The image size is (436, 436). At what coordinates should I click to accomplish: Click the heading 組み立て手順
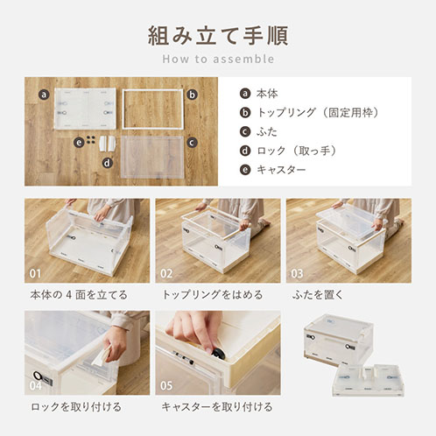[x=218, y=36]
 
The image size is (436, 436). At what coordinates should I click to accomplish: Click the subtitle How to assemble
[x=218, y=59]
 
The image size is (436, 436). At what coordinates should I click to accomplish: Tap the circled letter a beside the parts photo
[x=44, y=95]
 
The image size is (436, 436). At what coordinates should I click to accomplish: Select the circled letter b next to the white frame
[x=192, y=95]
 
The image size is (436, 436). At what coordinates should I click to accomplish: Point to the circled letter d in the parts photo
[x=108, y=163]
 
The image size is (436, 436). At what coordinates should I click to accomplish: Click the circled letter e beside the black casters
[x=79, y=143]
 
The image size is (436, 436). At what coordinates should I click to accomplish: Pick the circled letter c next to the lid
[x=192, y=143]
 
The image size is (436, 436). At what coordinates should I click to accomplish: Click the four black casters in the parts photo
[x=91, y=139]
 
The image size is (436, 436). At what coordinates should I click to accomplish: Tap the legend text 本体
[x=267, y=94]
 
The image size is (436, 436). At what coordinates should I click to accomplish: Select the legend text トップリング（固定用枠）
[x=318, y=113]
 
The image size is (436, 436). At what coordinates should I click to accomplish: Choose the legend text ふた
[x=267, y=131]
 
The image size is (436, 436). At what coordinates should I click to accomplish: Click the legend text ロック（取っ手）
[x=297, y=151]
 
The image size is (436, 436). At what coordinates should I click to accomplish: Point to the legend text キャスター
[x=281, y=170]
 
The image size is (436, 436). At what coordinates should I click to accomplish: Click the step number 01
[x=35, y=273]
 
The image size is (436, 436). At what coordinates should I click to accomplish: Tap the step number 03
[x=297, y=273]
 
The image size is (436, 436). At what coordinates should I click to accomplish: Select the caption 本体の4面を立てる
[x=79, y=295]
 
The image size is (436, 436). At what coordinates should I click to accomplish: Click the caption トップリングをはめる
[x=213, y=295]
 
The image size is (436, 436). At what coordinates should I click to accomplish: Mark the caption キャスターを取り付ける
[x=217, y=406]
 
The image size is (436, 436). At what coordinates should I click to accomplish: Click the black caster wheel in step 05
[x=218, y=354]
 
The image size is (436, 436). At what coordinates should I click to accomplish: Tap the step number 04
[x=35, y=385]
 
